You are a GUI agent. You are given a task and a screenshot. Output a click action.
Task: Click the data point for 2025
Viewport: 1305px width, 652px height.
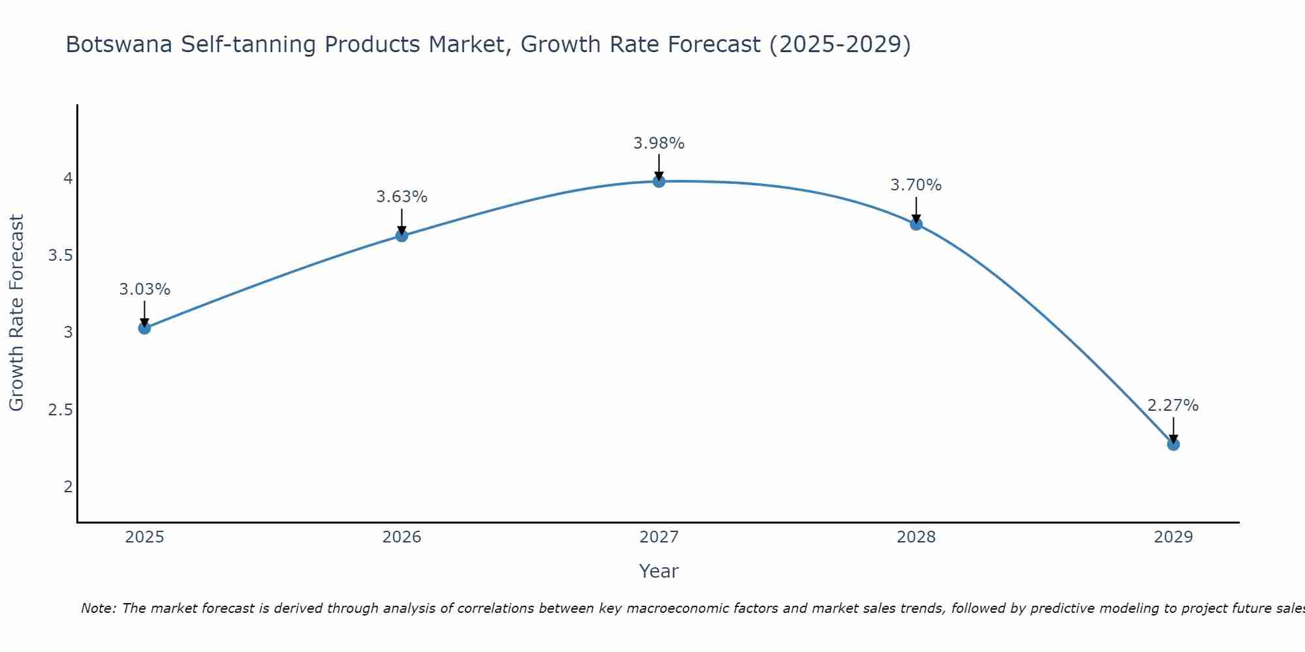145,328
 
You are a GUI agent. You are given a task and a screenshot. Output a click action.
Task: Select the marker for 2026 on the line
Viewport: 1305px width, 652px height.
402,235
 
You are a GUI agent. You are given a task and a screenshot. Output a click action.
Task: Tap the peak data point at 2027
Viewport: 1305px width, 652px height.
659,181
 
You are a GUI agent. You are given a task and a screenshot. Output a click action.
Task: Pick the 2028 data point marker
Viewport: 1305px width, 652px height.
916,224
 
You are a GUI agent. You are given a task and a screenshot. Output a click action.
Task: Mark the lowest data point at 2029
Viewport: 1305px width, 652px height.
1173,445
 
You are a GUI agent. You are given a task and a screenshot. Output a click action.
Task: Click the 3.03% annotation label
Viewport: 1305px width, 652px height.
145,289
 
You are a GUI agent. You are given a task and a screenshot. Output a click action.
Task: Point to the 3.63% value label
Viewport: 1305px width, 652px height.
402,197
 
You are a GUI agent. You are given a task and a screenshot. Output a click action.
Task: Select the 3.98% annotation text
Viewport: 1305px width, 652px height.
659,143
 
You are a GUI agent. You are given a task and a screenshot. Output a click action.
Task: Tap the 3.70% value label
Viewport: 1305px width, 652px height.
916,185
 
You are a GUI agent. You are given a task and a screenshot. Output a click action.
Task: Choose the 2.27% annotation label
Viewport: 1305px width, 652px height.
1173,406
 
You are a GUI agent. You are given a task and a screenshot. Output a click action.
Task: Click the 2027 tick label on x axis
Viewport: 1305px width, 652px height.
659,537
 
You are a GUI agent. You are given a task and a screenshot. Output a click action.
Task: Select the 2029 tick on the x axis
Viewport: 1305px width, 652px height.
1173,537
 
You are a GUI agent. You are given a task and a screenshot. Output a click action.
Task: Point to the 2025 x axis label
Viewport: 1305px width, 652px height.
145,537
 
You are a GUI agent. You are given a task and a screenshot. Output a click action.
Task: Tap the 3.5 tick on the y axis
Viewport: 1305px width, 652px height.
60,256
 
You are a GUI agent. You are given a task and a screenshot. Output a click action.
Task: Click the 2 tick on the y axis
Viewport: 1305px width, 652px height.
68,487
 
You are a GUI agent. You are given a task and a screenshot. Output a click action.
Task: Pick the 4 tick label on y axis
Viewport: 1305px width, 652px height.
68,179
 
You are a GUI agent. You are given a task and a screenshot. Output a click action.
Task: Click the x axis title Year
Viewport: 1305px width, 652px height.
659,571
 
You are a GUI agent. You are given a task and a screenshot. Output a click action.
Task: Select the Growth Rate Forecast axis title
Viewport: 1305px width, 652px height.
17,313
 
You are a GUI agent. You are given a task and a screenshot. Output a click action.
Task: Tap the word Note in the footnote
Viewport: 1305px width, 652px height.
98,608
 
